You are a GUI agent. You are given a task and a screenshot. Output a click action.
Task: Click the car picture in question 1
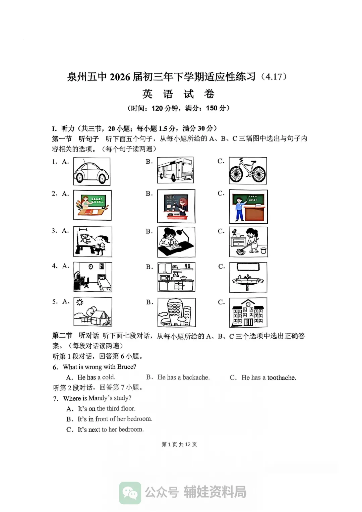tap(92, 171)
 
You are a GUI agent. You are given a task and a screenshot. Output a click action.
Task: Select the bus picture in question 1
tap(175, 170)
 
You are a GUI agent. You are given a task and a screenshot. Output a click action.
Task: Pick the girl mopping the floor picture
tap(248, 242)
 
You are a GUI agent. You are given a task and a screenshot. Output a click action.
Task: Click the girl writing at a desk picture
tap(176, 242)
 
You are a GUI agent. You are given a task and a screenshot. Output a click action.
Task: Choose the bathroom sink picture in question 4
tap(248, 277)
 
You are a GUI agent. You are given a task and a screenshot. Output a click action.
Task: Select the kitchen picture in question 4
tap(176, 277)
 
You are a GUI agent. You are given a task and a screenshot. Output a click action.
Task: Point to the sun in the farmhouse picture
tap(79, 302)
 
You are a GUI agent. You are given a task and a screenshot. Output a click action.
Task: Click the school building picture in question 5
tap(248, 312)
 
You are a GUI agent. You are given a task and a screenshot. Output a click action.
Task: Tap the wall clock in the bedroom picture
tap(90, 267)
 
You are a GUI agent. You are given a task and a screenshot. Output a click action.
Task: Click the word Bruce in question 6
tap(127, 367)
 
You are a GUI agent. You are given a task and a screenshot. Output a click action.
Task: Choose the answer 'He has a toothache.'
tap(268, 378)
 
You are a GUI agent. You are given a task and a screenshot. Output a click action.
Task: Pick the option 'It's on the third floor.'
tap(107, 409)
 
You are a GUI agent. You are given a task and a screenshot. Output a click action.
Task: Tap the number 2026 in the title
tap(120, 77)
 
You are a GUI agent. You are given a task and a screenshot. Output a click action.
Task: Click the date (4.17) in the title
tap(274, 77)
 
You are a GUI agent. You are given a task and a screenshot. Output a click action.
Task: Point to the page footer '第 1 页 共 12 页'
tap(179, 444)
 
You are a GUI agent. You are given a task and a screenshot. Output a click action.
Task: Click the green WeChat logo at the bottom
tap(130, 493)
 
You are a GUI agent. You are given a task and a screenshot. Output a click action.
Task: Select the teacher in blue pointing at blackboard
tap(239, 208)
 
